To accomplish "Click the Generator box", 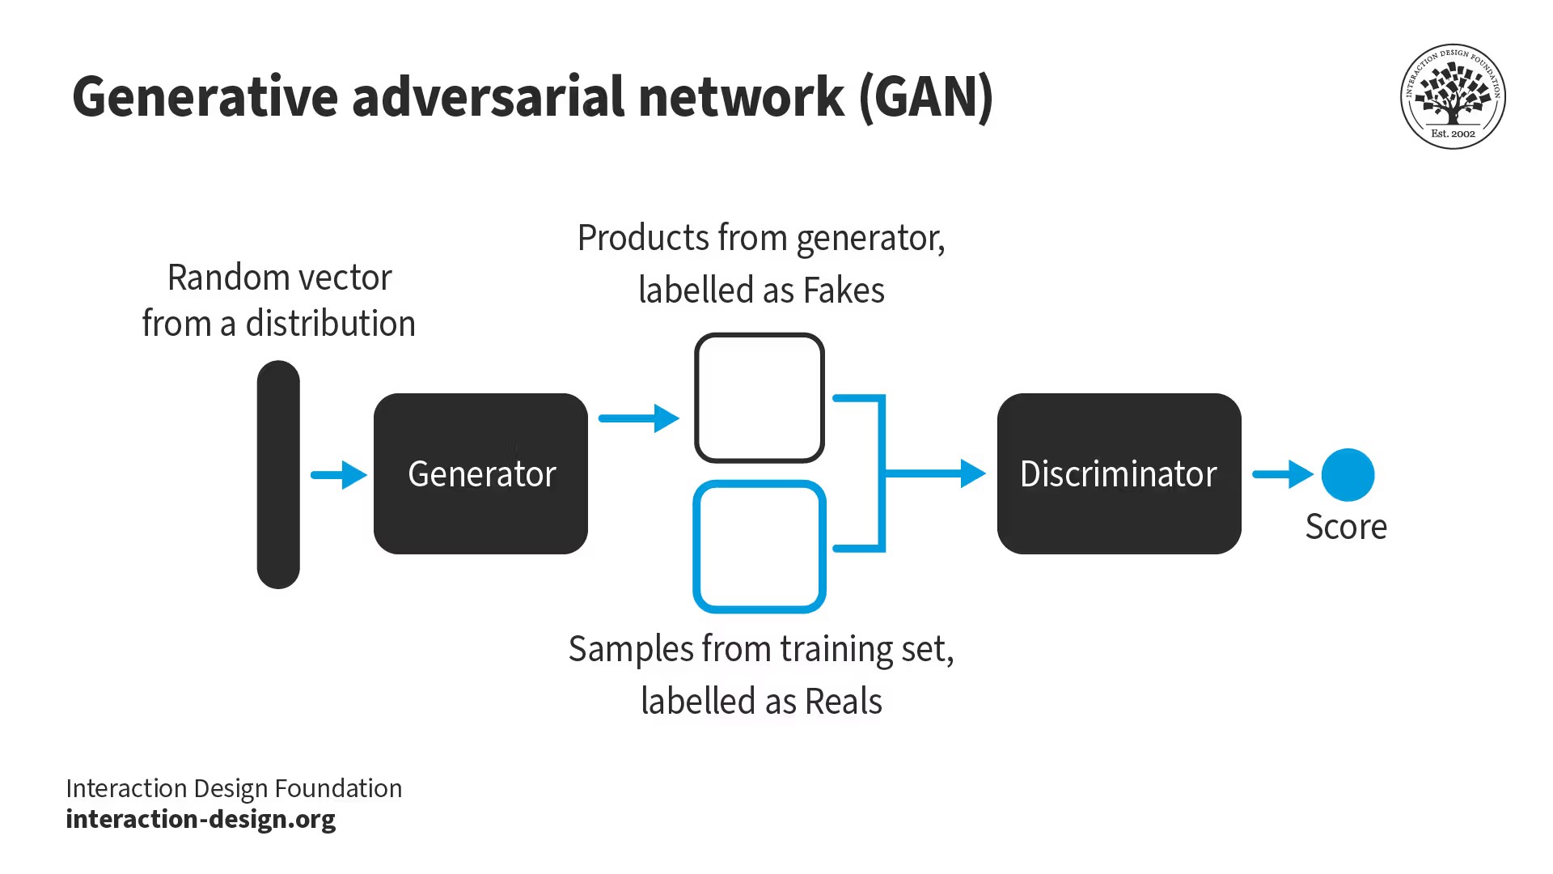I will [x=480, y=473].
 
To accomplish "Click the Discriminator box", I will [x=1119, y=473].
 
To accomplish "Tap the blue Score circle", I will [x=1348, y=475].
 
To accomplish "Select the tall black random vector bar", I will [x=278, y=475].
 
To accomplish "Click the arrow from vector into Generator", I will [x=339, y=475].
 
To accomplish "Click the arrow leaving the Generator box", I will [x=638, y=418].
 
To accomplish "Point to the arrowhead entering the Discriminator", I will [x=972, y=473].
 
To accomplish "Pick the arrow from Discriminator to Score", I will [x=1283, y=474].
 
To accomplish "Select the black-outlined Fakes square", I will [x=760, y=397].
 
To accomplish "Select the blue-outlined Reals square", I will [x=760, y=547].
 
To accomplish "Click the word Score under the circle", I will [x=1346, y=527].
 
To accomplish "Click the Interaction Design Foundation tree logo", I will [x=1453, y=96].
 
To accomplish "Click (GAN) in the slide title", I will [x=925, y=97].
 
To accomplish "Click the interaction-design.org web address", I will [x=201, y=819].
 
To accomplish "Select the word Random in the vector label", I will [x=211, y=278].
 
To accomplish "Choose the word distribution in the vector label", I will [x=330, y=324].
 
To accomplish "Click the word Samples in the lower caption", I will [x=631, y=649].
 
